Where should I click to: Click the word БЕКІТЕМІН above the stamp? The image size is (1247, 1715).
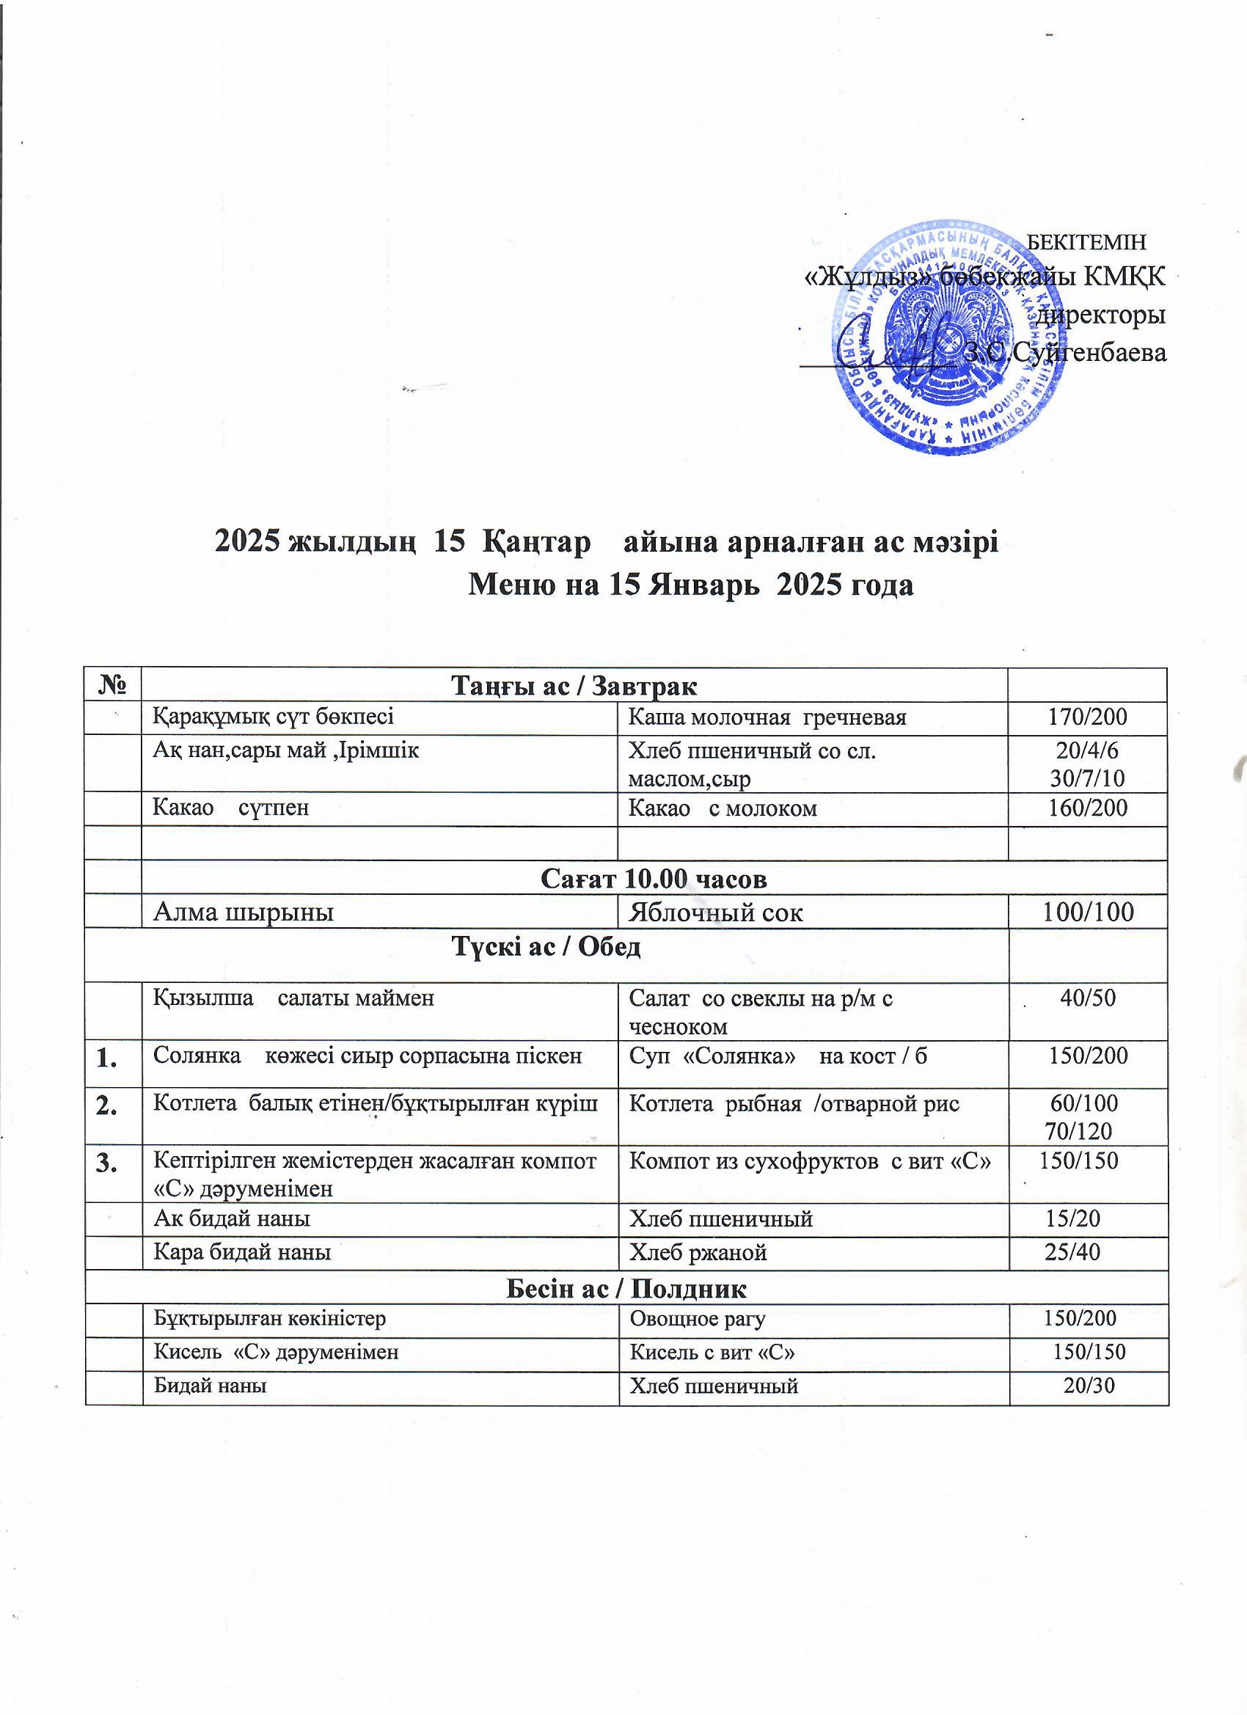pos(1089,242)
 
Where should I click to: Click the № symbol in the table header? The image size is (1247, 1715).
pos(114,685)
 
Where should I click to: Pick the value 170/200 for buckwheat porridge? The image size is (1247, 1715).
pos(1087,717)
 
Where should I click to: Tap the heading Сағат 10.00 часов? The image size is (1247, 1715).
pos(654,878)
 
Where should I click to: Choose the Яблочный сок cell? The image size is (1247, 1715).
pos(715,913)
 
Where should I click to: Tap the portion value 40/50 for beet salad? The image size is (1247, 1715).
pos(1087,998)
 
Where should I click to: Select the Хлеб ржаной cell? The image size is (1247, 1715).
pos(698,1253)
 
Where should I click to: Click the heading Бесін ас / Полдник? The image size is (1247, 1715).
pos(626,1288)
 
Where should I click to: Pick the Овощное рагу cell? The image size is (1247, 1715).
pos(698,1320)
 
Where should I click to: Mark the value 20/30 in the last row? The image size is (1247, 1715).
pos(1089,1386)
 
